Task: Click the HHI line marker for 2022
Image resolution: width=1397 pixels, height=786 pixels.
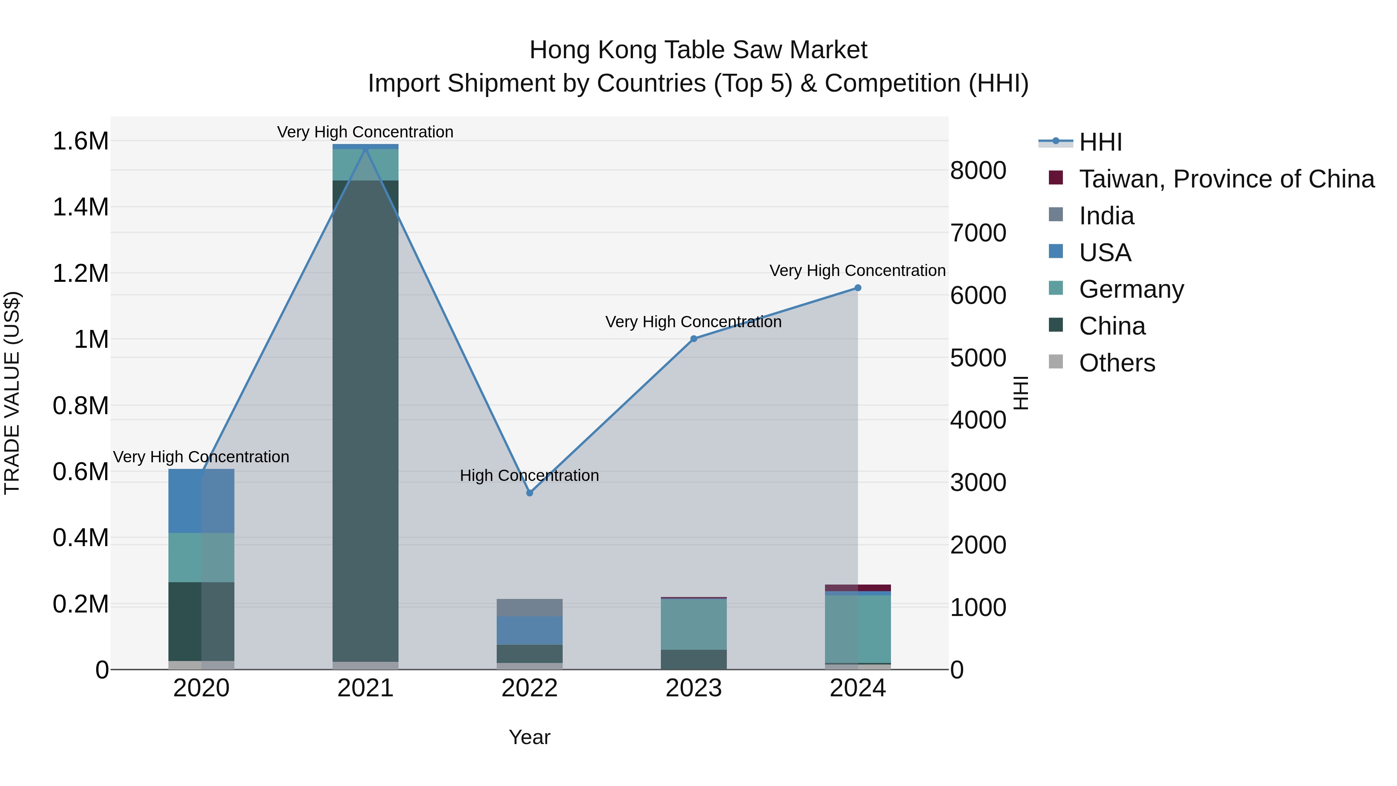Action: (x=530, y=493)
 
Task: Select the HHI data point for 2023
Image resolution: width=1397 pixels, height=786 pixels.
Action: (x=693, y=339)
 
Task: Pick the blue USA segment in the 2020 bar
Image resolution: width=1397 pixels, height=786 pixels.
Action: (x=201, y=501)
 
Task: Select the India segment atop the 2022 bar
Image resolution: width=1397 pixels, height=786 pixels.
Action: (x=530, y=607)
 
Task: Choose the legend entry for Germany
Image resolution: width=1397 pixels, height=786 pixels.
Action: (x=1131, y=290)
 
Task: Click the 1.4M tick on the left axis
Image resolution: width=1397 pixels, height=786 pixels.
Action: (x=81, y=207)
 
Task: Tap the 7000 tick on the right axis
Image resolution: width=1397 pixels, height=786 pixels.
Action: (x=978, y=233)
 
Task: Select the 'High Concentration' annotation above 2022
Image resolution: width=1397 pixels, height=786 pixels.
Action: (x=529, y=476)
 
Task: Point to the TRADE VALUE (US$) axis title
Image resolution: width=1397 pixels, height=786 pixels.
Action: (x=12, y=393)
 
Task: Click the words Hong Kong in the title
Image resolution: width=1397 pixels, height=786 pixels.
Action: (x=593, y=50)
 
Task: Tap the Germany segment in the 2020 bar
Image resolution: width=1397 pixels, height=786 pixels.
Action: (x=201, y=558)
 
